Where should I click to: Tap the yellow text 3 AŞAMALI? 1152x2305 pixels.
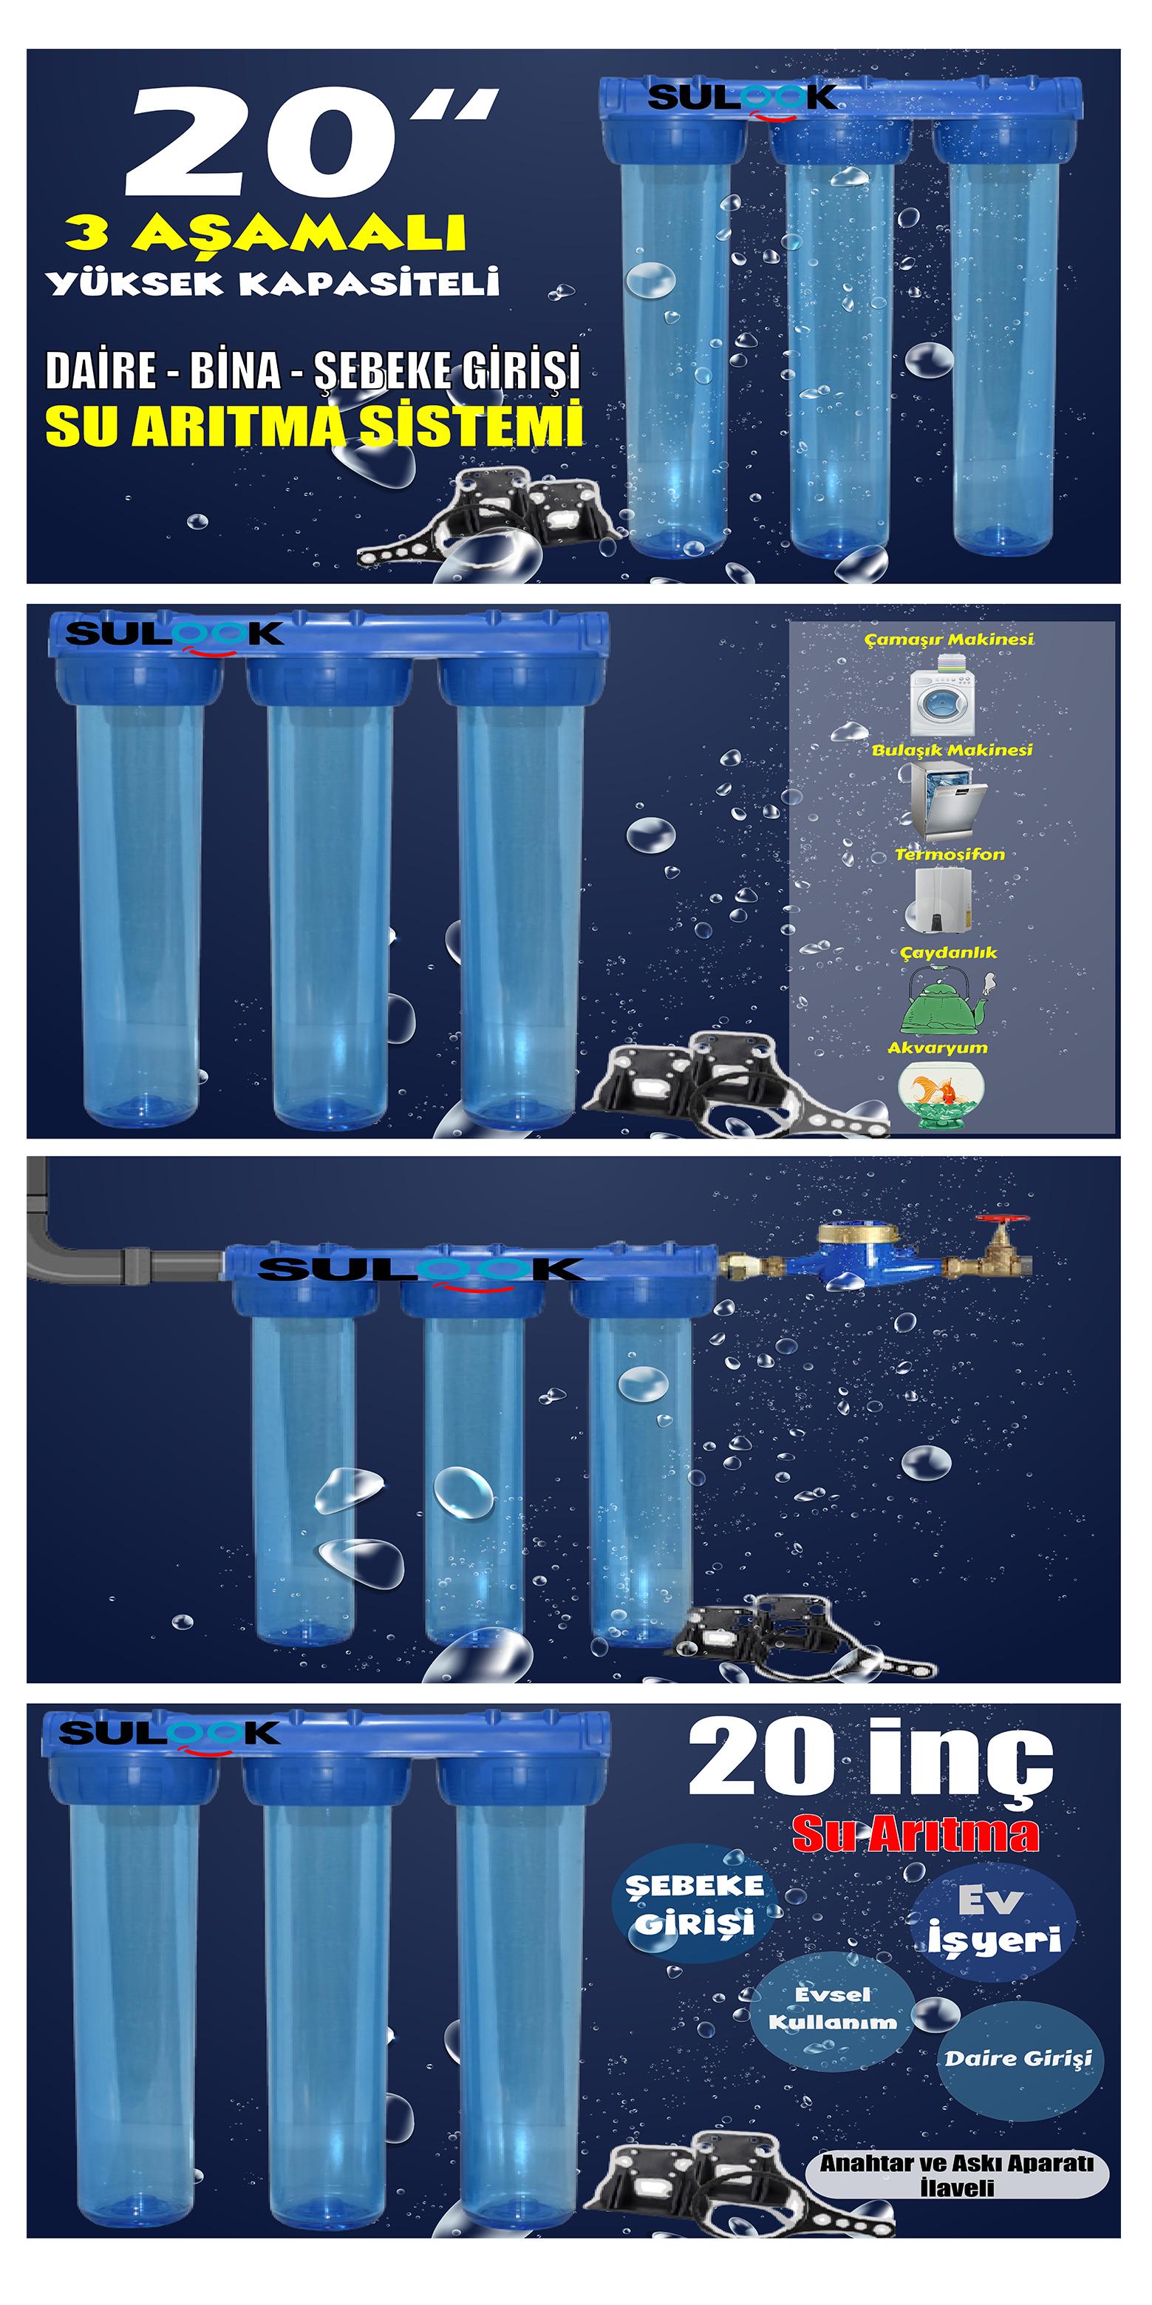point(265,234)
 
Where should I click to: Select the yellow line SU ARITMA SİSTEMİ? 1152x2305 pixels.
point(314,426)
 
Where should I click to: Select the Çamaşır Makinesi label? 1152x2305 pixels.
point(949,639)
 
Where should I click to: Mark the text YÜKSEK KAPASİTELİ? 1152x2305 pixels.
point(273,284)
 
